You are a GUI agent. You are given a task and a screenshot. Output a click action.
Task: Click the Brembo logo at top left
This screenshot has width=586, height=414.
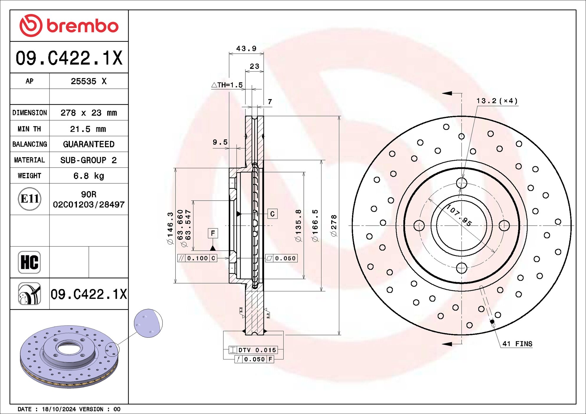pyautogui.click(x=69, y=26)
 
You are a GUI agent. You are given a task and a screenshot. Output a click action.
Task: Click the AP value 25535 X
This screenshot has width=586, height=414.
pyautogui.click(x=88, y=81)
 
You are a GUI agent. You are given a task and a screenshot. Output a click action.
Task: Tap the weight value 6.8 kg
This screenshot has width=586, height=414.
pyautogui.click(x=88, y=176)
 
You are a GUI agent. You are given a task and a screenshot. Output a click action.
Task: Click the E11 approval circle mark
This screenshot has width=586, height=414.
pyautogui.click(x=29, y=199)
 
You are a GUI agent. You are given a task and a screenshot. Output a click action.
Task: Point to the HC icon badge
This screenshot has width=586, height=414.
pyautogui.click(x=29, y=262)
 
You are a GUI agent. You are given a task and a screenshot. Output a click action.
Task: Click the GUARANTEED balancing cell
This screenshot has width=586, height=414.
pyautogui.click(x=88, y=144)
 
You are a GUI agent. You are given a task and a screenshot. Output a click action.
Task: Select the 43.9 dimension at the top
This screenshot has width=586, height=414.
pyautogui.click(x=246, y=48)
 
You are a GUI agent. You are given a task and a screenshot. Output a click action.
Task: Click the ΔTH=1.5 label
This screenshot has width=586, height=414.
pyautogui.click(x=227, y=85)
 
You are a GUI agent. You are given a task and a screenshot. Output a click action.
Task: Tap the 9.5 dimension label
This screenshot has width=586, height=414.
pyautogui.click(x=220, y=142)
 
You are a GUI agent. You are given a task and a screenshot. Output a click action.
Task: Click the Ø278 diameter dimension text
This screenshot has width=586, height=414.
pyautogui.click(x=334, y=225)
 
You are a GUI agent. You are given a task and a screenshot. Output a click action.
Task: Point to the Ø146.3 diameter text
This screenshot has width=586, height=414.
pyautogui.click(x=170, y=228)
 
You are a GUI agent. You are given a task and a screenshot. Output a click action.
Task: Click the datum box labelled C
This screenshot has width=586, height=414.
pyautogui.click(x=272, y=214)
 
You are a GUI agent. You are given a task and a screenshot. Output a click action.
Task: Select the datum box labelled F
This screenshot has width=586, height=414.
pyautogui.click(x=213, y=233)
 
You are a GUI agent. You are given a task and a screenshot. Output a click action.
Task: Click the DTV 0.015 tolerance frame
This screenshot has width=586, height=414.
pyautogui.click(x=253, y=350)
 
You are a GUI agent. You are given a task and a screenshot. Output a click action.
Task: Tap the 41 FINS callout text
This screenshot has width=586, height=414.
pyautogui.click(x=517, y=344)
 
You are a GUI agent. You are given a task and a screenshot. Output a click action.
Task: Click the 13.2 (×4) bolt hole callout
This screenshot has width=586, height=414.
pyautogui.click(x=497, y=101)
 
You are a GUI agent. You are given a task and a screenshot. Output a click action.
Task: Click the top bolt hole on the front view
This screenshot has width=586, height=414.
pyautogui.click(x=462, y=183)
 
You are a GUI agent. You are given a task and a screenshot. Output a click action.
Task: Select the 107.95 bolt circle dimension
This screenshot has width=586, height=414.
pyautogui.click(x=459, y=215)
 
